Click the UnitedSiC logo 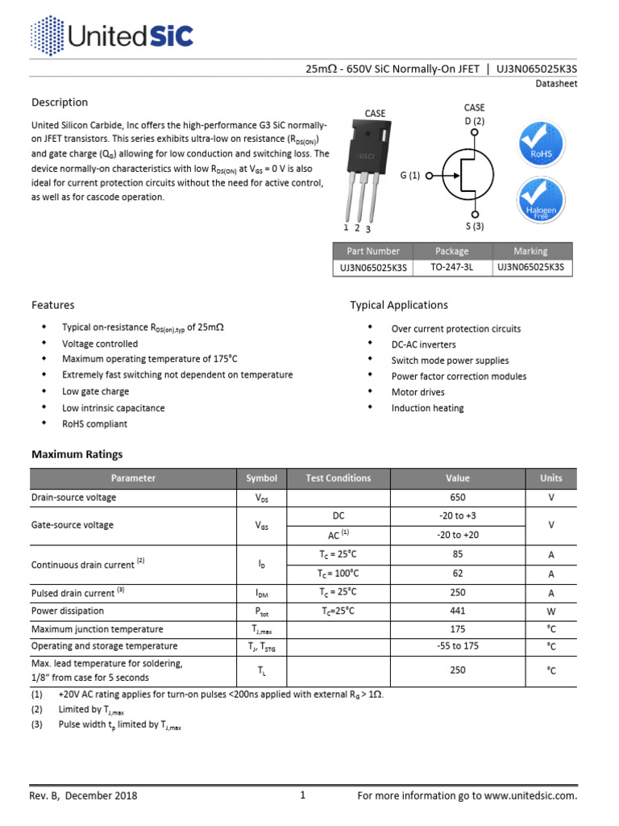pyautogui.click(x=111, y=36)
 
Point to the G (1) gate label pyautogui.click(x=409, y=175)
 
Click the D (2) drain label pyautogui.click(x=474, y=121)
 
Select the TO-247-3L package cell pyautogui.click(x=451, y=268)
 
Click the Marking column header pyautogui.click(x=530, y=251)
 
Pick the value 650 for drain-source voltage pyautogui.click(x=457, y=498)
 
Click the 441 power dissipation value pyautogui.click(x=457, y=611)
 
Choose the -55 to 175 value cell pyautogui.click(x=457, y=646)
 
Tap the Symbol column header pyautogui.click(x=261, y=478)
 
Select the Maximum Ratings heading pyautogui.click(x=77, y=454)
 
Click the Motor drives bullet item pyautogui.click(x=418, y=392)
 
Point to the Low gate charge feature pyautogui.click(x=95, y=392)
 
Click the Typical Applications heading pyautogui.click(x=398, y=305)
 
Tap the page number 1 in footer pyautogui.click(x=303, y=795)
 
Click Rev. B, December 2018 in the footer pyautogui.click(x=84, y=795)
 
